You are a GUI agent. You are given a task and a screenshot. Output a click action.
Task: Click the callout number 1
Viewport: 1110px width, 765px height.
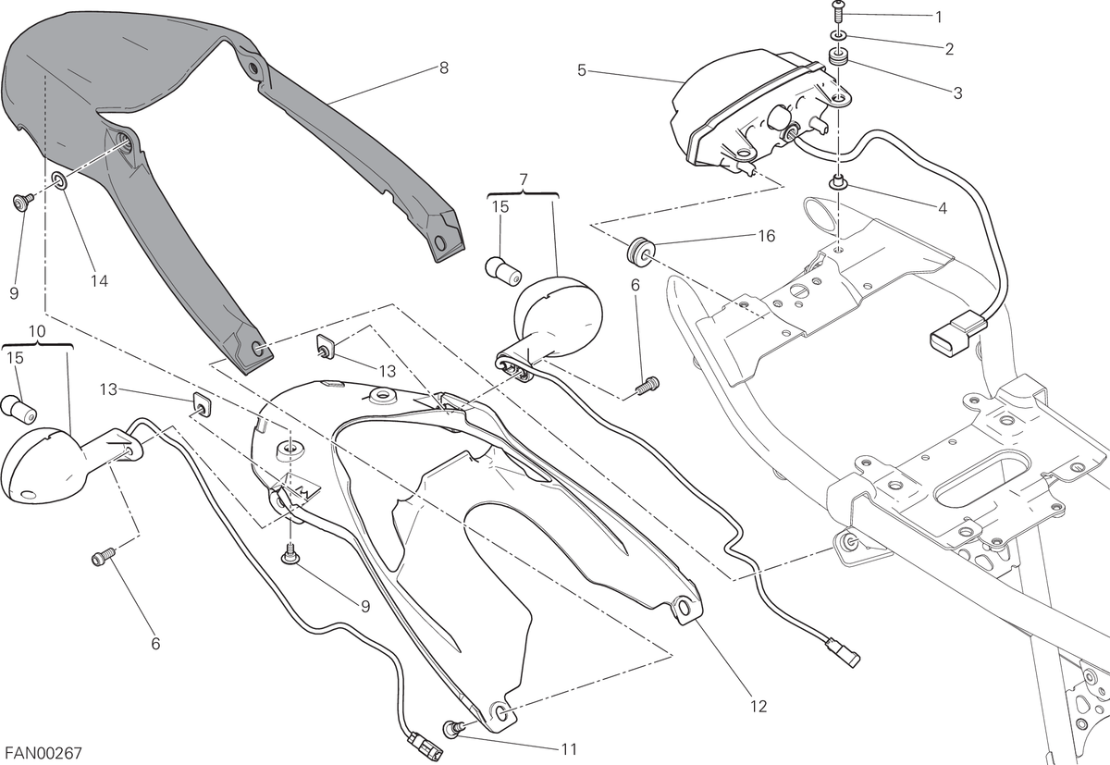click(x=938, y=18)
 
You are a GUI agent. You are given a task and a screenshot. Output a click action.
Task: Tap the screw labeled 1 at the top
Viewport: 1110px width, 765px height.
click(x=837, y=11)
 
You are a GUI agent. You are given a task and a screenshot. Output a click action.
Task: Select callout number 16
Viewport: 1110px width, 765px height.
click(x=767, y=236)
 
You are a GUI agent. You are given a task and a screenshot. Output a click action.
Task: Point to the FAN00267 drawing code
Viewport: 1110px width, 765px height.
click(x=43, y=754)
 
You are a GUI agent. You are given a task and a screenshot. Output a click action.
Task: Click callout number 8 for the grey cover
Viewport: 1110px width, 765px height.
click(x=443, y=68)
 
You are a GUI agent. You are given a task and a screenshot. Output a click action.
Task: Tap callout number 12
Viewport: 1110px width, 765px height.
click(x=758, y=706)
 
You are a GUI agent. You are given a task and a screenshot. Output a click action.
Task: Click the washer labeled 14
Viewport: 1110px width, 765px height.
click(x=60, y=181)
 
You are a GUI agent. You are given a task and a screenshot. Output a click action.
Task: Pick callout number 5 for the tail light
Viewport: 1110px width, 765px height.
click(x=582, y=70)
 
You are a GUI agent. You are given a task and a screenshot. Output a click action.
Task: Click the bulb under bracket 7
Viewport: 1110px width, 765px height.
click(x=503, y=272)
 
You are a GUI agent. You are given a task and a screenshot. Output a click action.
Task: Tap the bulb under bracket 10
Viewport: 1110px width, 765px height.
click(x=18, y=410)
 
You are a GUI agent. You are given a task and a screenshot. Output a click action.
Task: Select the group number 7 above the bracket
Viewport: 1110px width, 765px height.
click(x=524, y=179)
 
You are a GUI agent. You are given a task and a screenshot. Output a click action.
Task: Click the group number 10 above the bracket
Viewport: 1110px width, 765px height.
click(x=38, y=331)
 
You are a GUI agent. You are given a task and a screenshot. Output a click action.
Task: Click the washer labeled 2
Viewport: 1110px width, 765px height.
click(x=838, y=36)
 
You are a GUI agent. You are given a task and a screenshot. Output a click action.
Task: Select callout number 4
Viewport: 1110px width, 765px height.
click(x=942, y=208)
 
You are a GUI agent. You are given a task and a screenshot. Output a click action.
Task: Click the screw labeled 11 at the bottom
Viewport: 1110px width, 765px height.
click(x=452, y=728)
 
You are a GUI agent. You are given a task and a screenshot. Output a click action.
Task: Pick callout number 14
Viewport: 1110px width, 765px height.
click(x=99, y=281)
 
